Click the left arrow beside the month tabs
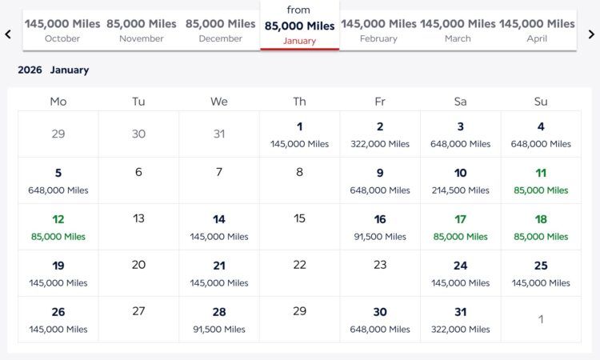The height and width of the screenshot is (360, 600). pos(8,34)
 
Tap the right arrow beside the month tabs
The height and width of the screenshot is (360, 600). pos(591,34)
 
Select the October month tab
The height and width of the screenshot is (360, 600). pos(62,30)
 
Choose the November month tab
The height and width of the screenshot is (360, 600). pos(142,30)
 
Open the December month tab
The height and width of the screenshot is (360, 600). pos(221,30)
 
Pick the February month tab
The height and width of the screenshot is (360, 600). pos(378,30)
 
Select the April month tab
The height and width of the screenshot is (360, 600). pos(537,30)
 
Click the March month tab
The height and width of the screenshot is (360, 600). pos(458,30)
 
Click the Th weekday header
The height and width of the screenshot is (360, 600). pos(299,102)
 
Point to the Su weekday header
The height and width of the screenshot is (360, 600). pos(541,102)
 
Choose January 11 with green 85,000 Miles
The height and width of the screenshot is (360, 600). pos(541,181)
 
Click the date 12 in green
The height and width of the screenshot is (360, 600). pos(58,219)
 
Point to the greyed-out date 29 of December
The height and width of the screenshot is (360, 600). pos(58,134)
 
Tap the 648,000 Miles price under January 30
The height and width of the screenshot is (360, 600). pos(380,330)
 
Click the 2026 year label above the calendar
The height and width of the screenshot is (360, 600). pos(30,70)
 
